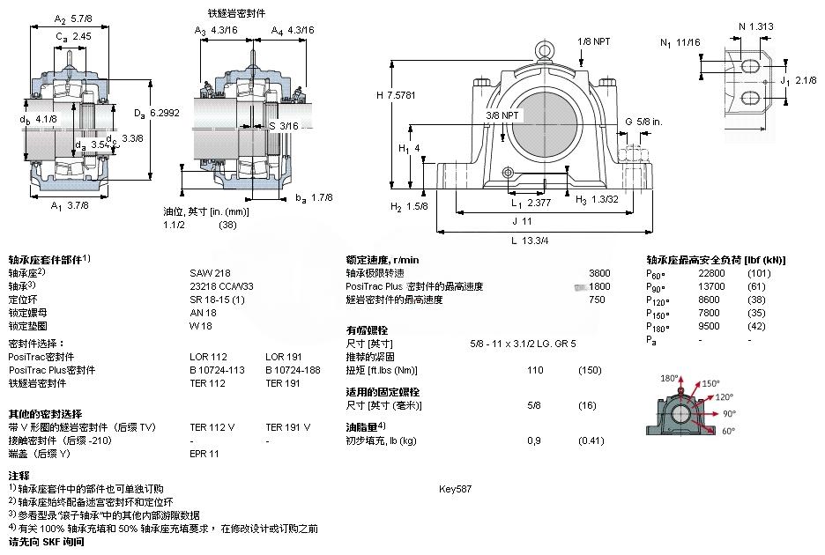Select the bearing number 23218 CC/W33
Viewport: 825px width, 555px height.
coord(221,286)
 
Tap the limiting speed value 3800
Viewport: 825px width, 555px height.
coord(599,273)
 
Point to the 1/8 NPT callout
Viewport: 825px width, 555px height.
coord(593,41)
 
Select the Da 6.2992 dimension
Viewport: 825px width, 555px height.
coord(157,112)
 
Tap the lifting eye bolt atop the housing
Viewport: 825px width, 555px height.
coord(545,49)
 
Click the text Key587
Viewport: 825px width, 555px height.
coord(456,488)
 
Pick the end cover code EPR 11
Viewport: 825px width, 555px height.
coord(204,454)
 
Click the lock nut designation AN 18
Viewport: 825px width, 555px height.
coord(203,313)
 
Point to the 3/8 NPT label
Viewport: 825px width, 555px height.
coord(503,115)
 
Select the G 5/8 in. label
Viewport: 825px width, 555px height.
coord(643,121)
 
